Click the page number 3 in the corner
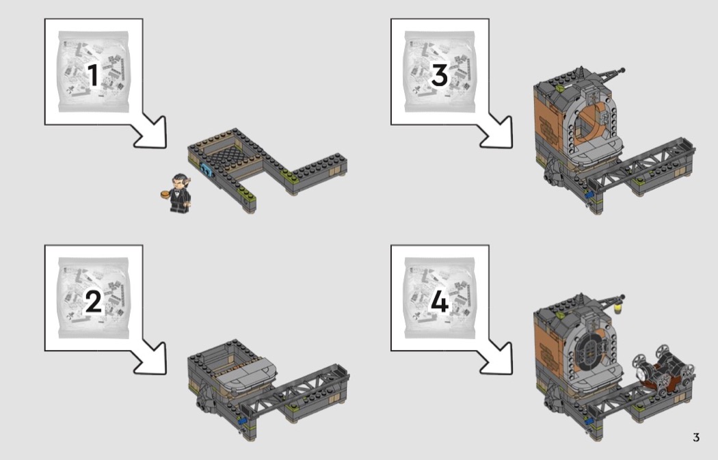[696, 437]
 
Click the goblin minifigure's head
[179, 181]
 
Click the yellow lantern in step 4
[619, 308]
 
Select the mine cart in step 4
[663, 370]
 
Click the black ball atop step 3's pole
[622, 70]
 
